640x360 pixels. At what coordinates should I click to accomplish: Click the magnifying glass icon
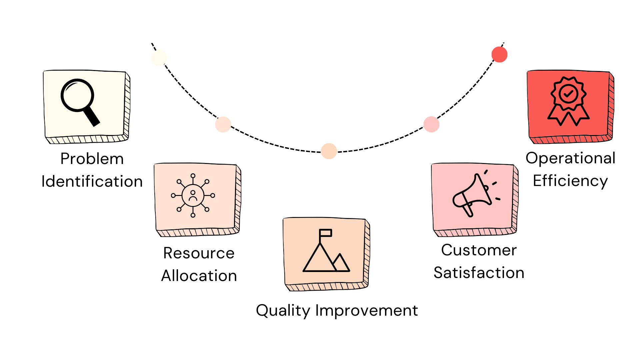[x=79, y=101]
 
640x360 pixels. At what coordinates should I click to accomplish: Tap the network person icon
[x=193, y=196]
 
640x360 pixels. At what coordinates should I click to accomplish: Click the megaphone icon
[x=475, y=195]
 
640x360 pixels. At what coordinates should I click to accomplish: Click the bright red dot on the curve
[x=499, y=54]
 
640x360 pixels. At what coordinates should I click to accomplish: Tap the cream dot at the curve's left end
[x=159, y=58]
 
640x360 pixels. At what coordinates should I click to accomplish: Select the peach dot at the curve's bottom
[x=329, y=151]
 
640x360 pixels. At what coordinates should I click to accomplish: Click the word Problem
[x=92, y=159]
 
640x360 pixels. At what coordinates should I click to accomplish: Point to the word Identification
[x=92, y=181]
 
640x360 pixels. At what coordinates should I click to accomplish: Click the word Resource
[x=199, y=253]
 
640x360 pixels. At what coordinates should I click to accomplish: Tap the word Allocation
[x=199, y=276]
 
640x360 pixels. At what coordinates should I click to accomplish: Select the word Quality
[x=283, y=311]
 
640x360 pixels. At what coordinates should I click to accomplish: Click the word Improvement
[x=366, y=311]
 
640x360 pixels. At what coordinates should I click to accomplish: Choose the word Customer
[x=479, y=250]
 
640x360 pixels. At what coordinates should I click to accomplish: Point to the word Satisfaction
[x=479, y=273]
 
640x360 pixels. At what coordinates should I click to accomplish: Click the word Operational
[x=570, y=158]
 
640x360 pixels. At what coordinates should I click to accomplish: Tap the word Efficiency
[x=570, y=181]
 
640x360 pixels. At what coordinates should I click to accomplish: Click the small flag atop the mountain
[x=325, y=233]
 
